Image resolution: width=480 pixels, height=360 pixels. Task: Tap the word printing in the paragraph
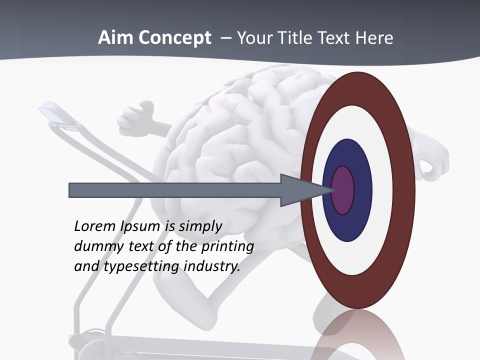[x=227, y=247]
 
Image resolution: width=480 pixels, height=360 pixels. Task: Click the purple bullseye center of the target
[x=343, y=190]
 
